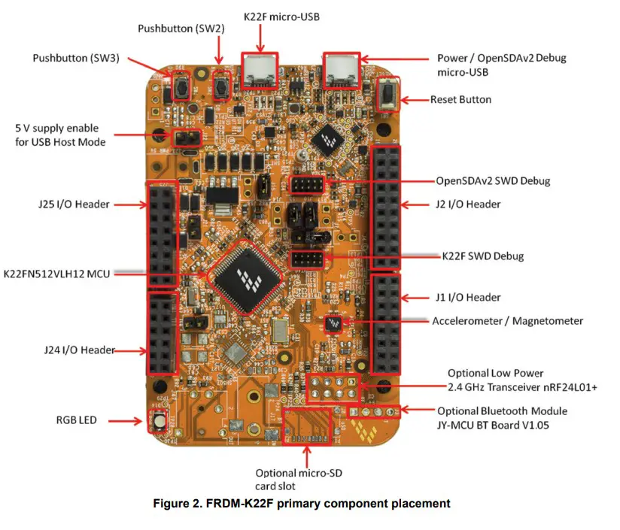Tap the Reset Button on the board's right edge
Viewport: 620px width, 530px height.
tap(388, 98)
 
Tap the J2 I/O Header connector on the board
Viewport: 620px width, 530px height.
tap(386, 207)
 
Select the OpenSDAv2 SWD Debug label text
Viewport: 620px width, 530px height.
tap(493, 181)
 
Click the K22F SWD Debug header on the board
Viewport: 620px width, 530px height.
tap(307, 259)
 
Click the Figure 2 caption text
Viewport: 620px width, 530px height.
tap(310, 504)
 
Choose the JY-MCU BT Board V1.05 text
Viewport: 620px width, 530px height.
tap(502, 425)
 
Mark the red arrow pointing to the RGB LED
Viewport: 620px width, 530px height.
tap(129, 420)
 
